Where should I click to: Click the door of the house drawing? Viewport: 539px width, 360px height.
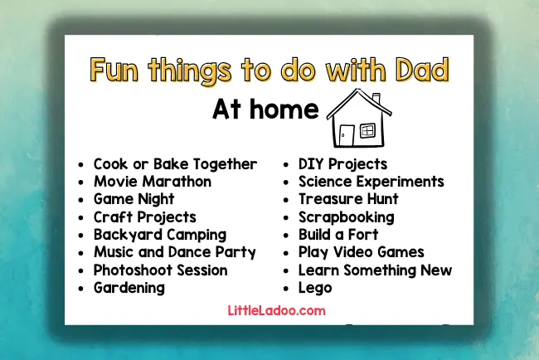(x=346, y=134)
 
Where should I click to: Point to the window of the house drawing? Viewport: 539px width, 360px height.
(x=367, y=130)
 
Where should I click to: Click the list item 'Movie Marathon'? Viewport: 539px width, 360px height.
(x=152, y=181)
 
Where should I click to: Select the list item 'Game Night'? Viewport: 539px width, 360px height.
(x=134, y=199)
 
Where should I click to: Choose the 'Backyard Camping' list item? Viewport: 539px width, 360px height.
(x=159, y=235)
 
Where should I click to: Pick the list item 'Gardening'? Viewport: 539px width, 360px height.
(x=129, y=288)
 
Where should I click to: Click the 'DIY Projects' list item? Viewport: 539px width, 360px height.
(x=342, y=163)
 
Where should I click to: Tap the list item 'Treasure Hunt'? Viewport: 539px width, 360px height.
(x=348, y=199)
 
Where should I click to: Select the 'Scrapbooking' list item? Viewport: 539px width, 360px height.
(x=346, y=217)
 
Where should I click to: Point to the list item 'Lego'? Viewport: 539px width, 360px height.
(x=315, y=288)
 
